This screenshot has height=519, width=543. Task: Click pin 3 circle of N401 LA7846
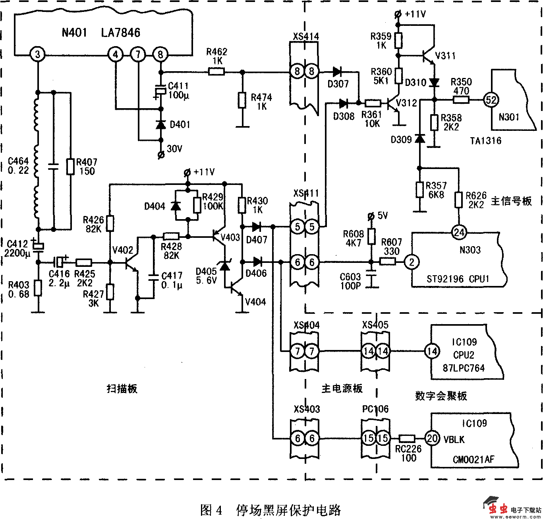(x=38, y=54)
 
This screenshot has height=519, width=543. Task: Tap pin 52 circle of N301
(x=491, y=100)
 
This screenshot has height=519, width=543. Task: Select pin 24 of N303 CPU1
(x=459, y=232)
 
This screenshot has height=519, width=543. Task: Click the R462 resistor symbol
(x=216, y=72)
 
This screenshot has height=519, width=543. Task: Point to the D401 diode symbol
(x=161, y=125)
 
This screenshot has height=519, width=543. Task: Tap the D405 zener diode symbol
(x=225, y=266)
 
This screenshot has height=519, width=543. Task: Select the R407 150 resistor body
(x=70, y=167)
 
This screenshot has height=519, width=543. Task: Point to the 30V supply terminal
(x=161, y=155)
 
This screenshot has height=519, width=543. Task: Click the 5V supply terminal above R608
(x=371, y=216)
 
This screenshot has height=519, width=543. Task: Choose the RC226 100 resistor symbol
(x=407, y=439)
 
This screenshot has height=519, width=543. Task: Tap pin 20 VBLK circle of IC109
(x=432, y=439)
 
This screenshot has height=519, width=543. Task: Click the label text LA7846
(x=121, y=33)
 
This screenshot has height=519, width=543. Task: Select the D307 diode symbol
(x=337, y=72)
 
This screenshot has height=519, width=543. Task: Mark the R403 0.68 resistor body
(x=38, y=288)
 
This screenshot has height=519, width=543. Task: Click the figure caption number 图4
(x=211, y=510)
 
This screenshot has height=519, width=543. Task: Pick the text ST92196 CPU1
(x=458, y=279)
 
